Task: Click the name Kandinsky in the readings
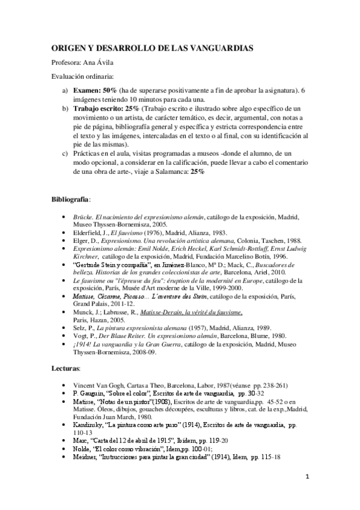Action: [87, 424]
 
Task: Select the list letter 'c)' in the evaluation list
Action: [66, 153]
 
